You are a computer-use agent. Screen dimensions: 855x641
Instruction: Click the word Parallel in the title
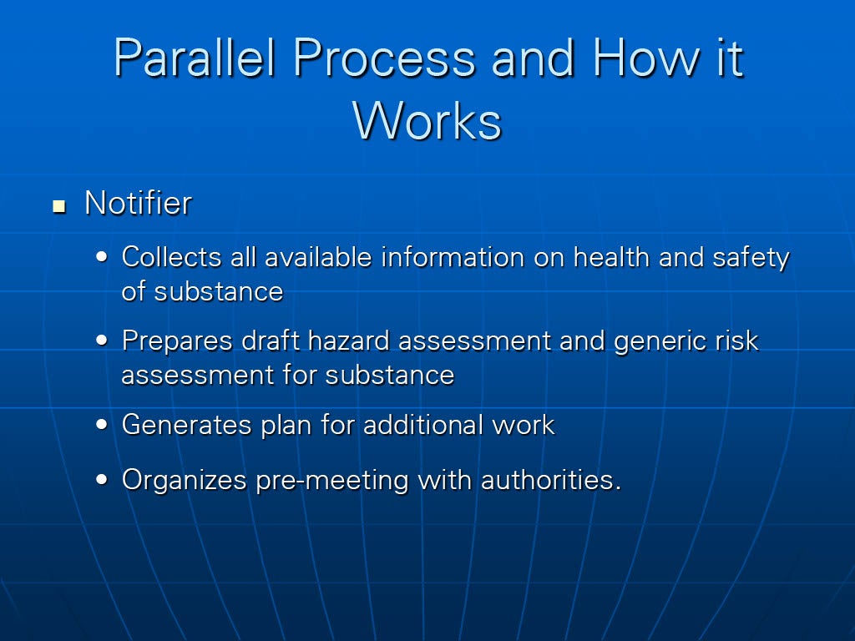(194, 58)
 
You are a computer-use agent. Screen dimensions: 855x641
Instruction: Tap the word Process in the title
(384, 58)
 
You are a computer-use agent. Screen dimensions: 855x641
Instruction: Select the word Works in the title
(427, 120)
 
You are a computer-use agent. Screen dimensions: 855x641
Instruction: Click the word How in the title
(646, 58)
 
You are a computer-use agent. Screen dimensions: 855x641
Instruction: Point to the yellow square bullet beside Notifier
(59, 207)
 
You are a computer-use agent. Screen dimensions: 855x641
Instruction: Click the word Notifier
(138, 204)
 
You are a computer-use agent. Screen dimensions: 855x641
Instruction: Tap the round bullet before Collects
(102, 257)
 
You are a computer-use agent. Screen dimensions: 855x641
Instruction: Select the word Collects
(171, 257)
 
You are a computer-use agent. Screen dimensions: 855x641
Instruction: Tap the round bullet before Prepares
(102, 341)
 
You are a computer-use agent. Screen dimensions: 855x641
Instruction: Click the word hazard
(348, 341)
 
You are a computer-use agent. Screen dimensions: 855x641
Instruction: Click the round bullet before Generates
(102, 425)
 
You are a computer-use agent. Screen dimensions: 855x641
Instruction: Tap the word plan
(286, 426)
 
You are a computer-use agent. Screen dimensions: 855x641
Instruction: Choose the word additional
(423, 425)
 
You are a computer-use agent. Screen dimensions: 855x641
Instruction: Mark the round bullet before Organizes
(102, 480)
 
